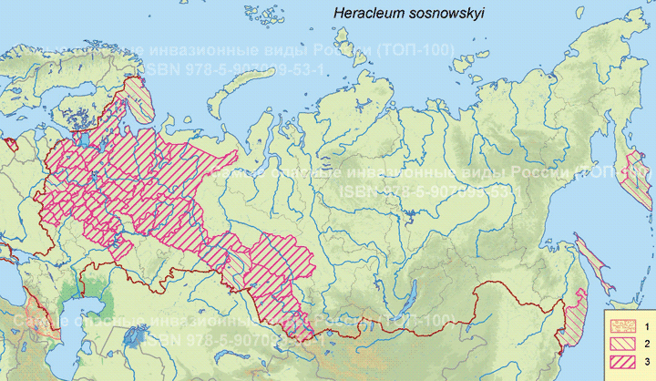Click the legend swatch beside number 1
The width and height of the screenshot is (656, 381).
click(623, 325)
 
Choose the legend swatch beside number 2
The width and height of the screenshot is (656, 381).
click(623, 345)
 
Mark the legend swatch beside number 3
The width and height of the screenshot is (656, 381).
click(623, 364)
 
